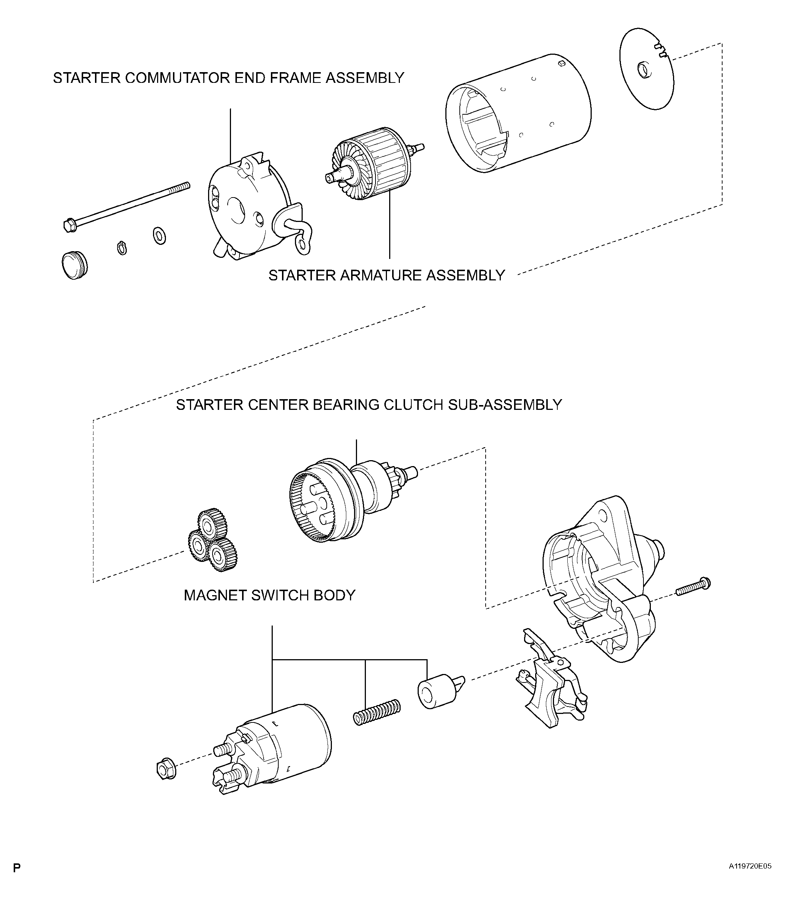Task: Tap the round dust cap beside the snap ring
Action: click(x=74, y=265)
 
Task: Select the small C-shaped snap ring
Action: click(x=122, y=248)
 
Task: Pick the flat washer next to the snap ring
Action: click(x=159, y=235)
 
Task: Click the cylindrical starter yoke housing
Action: click(x=518, y=113)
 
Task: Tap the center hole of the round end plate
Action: click(x=643, y=69)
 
